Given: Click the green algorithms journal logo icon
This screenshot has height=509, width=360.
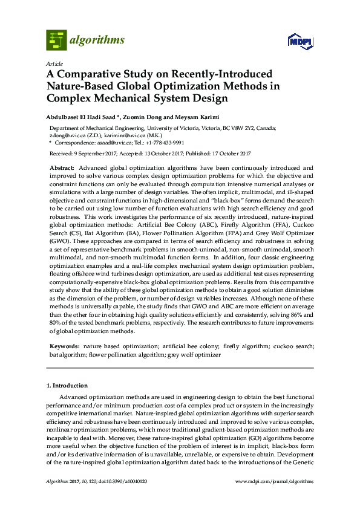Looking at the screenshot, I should [56, 40].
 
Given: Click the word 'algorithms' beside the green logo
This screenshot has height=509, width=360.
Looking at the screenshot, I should [98, 41].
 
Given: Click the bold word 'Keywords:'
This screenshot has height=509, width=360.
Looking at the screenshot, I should [64, 348].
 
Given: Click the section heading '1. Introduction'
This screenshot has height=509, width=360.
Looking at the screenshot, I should [67, 385].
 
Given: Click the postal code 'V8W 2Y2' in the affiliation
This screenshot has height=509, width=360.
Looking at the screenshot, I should [252, 128].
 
